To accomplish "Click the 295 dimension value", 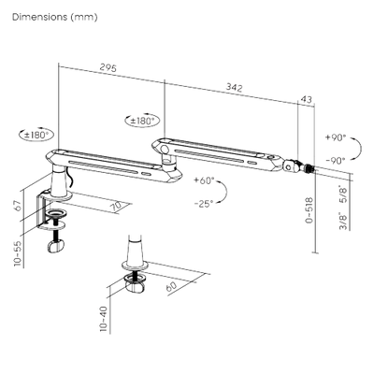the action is click(x=108, y=67).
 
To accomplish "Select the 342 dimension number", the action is click(x=234, y=88).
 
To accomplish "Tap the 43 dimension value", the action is click(x=307, y=99).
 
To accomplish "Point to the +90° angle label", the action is click(x=336, y=137).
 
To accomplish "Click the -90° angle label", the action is click(x=336, y=161).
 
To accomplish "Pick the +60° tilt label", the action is click(x=204, y=180).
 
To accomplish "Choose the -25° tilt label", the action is click(x=204, y=204).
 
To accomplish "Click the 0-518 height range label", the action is click(x=309, y=210).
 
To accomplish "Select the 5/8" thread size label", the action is click(x=344, y=194).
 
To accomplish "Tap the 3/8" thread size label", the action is click(x=344, y=221).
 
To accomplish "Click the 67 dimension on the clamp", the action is click(x=19, y=206).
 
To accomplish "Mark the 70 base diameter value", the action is click(x=118, y=207).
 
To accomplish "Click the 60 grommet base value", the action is click(x=171, y=286).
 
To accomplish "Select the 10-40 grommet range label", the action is click(x=104, y=318).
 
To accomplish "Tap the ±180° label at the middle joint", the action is click(x=142, y=121).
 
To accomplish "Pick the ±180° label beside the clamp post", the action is click(x=36, y=135).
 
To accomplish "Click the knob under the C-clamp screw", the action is click(x=56, y=246).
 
